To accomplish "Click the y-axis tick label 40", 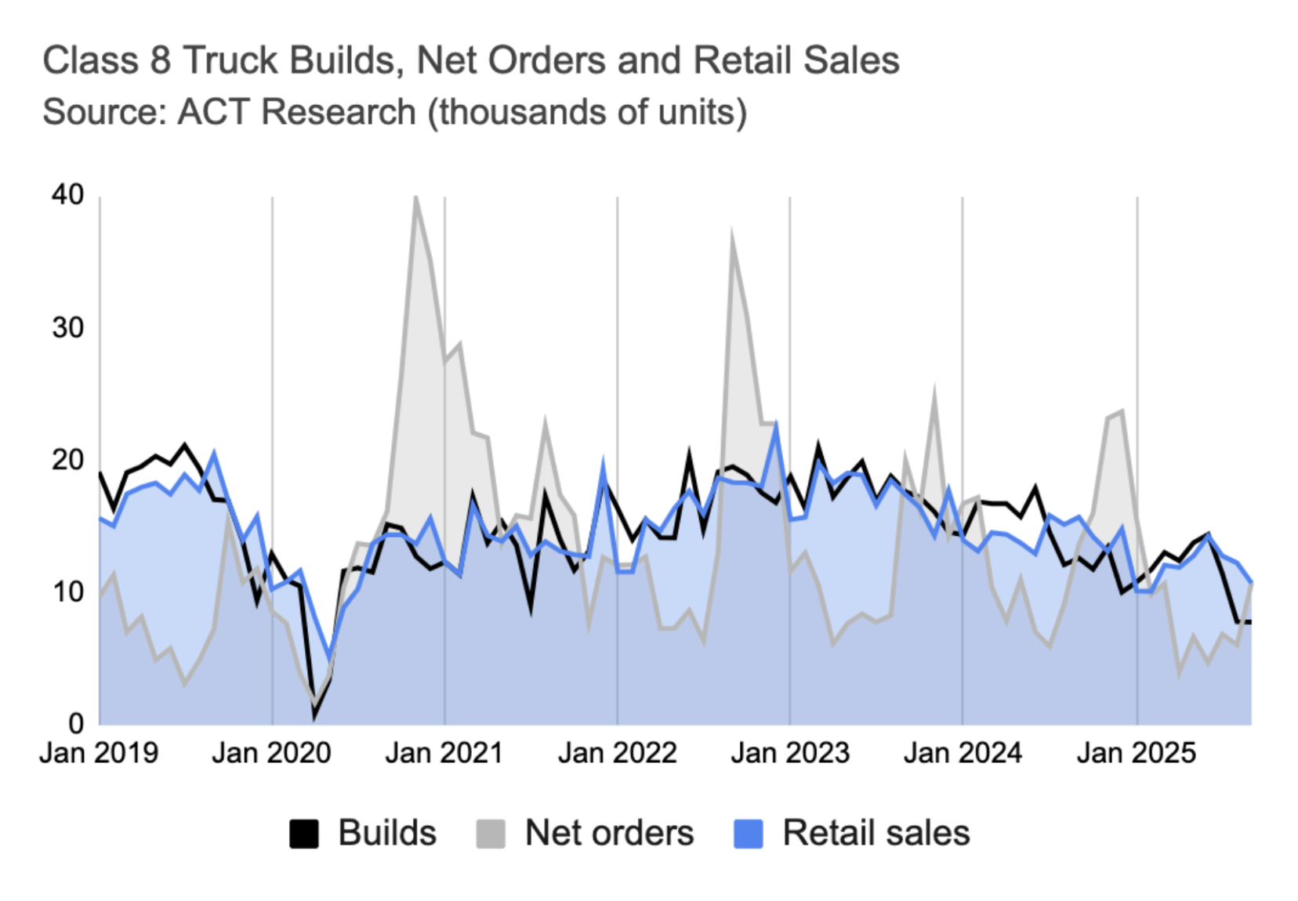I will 68,194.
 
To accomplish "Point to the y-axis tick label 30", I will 68,327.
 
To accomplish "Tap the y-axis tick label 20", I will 68,460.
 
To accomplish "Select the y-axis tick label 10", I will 68,592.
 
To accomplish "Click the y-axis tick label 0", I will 76,723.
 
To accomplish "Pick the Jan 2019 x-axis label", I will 99,753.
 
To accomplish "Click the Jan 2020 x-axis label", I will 271,753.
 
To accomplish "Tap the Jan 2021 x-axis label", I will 444,753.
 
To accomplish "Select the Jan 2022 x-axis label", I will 617,753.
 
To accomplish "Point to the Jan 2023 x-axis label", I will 790,753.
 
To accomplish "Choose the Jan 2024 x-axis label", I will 963,753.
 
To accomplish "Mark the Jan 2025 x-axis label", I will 1137,753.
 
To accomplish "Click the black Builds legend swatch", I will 304,834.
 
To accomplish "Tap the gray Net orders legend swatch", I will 491,834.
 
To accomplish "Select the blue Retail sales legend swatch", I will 748,834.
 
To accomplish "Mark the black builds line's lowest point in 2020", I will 315,715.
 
